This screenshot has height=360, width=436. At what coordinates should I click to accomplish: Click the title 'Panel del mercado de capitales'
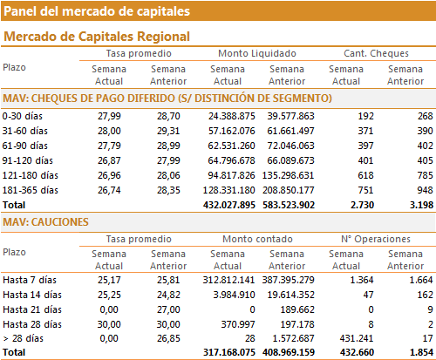tap(97, 11)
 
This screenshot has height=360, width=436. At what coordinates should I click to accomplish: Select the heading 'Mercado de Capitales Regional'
tap(97, 37)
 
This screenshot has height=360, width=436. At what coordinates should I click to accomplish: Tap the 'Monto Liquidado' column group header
tap(257, 53)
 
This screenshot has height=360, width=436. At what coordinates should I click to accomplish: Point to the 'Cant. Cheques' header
tap(376, 53)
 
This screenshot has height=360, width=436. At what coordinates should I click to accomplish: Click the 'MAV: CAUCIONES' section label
tap(45, 222)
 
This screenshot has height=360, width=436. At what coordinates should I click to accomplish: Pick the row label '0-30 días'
tap(23, 116)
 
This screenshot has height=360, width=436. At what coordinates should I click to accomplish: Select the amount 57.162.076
tap(231, 131)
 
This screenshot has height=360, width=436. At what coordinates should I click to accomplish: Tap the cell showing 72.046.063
tap(290, 146)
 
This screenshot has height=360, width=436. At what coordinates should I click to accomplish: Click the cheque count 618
tap(365, 175)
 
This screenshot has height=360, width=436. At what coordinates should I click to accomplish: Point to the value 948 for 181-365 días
tap(425, 190)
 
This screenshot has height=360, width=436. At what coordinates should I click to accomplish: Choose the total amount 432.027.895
tap(229, 205)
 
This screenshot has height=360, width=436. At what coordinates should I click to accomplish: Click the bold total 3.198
tap(421, 205)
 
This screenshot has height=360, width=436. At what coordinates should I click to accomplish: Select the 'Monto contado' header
tap(257, 239)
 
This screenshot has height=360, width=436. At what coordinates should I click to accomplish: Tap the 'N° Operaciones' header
tap(376, 239)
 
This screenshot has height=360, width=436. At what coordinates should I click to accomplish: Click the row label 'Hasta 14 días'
tap(32, 295)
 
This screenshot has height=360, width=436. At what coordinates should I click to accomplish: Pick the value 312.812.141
tap(228, 280)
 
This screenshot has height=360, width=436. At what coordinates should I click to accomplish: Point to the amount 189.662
tap(297, 309)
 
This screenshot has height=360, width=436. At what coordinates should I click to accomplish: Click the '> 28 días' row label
tap(23, 338)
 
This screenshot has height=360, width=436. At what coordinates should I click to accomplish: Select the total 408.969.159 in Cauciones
tap(289, 352)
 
